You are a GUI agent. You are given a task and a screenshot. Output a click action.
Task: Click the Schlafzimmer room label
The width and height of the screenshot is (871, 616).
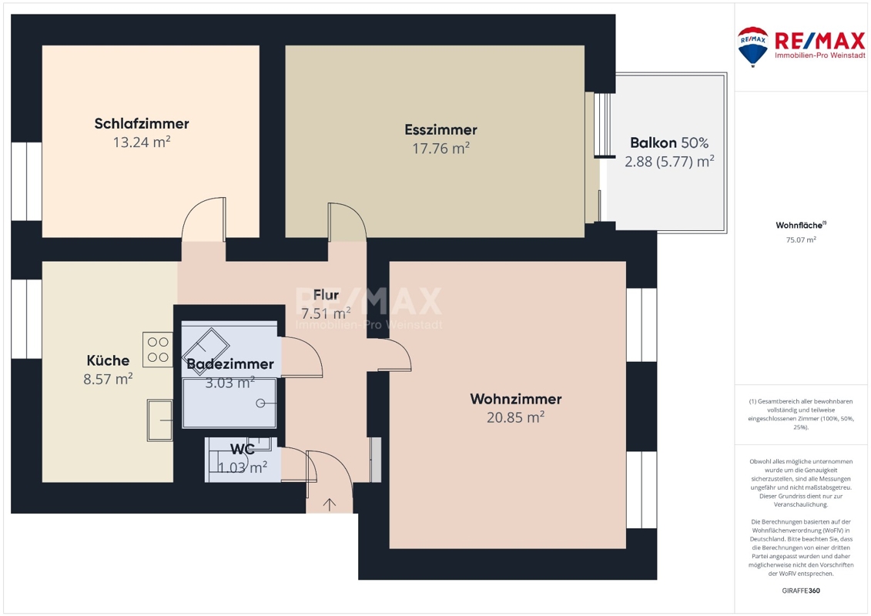click(142, 123)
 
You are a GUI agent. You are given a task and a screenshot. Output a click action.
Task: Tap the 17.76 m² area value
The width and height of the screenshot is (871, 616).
click(441, 149)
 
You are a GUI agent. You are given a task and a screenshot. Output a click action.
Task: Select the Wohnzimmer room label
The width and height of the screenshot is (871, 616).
click(516, 399)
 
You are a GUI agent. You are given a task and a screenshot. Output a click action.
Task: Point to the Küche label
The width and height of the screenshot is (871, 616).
click(108, 360)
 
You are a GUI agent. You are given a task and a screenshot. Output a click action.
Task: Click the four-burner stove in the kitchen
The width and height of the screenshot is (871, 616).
click(158, 350)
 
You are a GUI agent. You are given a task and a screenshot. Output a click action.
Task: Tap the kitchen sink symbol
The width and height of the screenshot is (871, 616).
click(159, 420)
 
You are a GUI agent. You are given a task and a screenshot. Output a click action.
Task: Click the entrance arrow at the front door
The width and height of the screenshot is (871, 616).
click(330, 504)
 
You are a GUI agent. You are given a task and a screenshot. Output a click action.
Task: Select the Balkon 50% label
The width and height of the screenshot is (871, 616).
click(669, 142)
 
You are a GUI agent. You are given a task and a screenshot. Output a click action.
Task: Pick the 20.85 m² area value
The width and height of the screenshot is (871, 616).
click(515, 417)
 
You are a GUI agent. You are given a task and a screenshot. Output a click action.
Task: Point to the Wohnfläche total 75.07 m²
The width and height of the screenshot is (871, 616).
click(801, 240)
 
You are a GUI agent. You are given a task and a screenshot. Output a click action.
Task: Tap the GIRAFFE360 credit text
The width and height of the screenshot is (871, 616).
click(801, 591)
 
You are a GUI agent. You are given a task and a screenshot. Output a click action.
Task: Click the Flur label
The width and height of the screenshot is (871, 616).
click(326, 294)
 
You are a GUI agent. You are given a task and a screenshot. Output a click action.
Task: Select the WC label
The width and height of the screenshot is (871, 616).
click(242, 449)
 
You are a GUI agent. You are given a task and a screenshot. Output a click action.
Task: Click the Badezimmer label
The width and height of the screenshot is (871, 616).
click(230, 363)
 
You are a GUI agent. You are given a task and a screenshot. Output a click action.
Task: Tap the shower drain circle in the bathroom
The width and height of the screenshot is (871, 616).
click(260, 403)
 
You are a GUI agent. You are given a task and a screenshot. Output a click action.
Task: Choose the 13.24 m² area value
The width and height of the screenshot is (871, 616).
click(142, 142)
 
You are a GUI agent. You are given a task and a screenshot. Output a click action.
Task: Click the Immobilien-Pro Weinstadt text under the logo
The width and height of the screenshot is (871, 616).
click(820, 55)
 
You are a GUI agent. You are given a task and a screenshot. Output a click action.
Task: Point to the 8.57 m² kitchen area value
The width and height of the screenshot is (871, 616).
click(108, 379)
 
